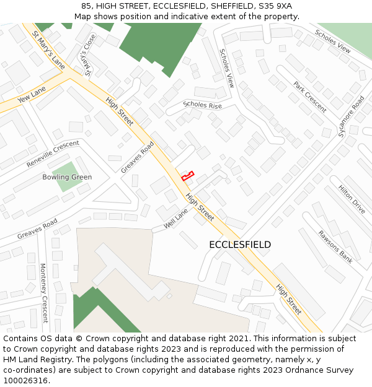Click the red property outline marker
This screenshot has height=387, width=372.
(187, 176)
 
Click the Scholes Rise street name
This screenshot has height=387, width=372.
(202, 105)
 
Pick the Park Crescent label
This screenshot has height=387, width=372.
(310, 97)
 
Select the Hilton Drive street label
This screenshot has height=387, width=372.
(352, 199)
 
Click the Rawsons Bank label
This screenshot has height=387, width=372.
(335, 247)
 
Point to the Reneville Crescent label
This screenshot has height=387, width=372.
(53, 154)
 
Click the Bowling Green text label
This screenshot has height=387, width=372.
(67, 177)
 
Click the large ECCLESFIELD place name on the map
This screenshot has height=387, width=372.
(240, 245)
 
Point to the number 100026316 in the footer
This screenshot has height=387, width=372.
(26, 380)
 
